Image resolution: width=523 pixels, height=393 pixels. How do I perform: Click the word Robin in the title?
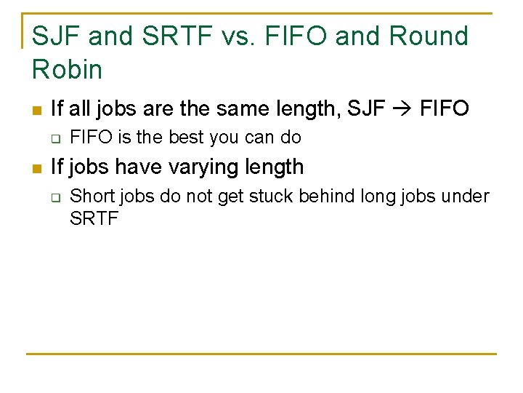68,69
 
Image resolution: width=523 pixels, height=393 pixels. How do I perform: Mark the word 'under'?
470,196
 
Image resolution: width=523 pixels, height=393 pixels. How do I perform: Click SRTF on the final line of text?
94,218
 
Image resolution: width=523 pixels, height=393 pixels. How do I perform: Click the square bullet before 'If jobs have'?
36,168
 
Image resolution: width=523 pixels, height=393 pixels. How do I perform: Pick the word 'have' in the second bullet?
139,167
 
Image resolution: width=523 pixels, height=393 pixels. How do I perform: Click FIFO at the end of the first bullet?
445,110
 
